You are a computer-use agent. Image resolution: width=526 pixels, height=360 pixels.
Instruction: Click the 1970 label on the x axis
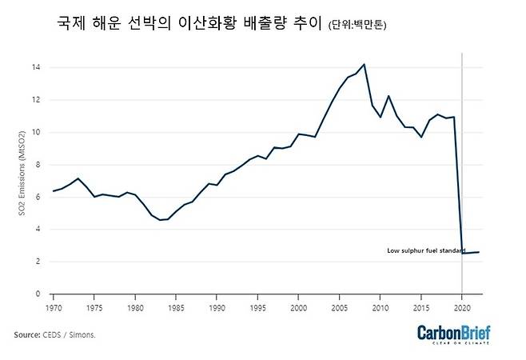[x=54, y=307]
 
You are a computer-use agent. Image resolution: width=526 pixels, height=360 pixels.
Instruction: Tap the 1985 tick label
[x=176, y=307]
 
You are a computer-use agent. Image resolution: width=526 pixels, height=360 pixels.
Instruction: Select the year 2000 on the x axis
[x=298, y=307]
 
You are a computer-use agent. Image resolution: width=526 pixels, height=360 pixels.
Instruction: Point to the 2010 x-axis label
[x=381, y=307]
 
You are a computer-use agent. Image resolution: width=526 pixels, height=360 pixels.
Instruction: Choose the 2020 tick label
[x=462, y=307]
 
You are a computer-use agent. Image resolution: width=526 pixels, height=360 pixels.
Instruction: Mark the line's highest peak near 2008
[x=364, y=64]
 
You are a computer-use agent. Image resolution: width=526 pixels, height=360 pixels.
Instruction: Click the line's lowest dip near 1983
[x=159, y=220]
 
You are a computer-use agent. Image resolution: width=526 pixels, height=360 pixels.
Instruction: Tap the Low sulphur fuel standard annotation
[x=425, y=250]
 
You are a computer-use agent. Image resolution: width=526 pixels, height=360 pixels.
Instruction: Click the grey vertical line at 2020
[x=462, y=160]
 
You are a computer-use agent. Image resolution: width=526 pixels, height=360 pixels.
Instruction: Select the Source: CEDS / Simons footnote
[x=54, y=334]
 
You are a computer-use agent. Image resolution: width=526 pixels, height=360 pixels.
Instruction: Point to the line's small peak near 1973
[x=78, y=178]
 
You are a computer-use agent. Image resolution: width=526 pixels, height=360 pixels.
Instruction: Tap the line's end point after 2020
[x=479, y=252]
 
